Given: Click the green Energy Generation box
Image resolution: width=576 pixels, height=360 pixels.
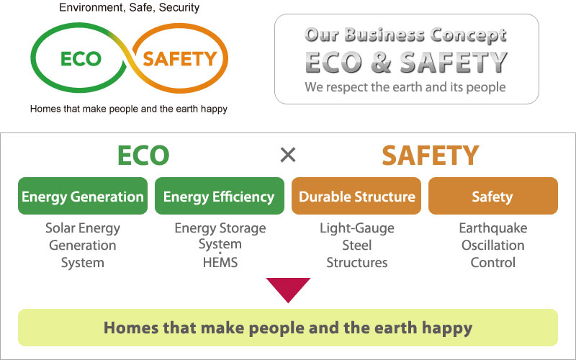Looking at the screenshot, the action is (83, 196).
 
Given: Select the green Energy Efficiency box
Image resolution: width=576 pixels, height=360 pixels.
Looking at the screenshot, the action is (220, 196).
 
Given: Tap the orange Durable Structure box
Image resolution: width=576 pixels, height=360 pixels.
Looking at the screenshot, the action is (356, 196).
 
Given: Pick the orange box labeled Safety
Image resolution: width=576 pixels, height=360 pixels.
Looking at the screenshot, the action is (493, 196).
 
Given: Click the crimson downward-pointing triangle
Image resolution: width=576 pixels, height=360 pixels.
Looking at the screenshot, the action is (289, 289).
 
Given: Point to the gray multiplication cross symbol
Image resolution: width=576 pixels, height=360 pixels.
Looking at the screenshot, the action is (288, 155).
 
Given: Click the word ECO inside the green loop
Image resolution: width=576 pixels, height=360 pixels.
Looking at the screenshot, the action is (81, 59).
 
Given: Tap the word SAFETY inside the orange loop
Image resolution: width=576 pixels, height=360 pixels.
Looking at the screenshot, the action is (179, 59).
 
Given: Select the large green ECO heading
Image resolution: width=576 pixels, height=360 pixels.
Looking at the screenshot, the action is (143, 156).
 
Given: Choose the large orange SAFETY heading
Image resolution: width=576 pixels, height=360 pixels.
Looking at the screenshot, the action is (431, 156).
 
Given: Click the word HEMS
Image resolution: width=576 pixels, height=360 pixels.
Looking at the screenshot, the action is (220, 263).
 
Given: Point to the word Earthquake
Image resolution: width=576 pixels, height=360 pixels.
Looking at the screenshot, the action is (493, 228).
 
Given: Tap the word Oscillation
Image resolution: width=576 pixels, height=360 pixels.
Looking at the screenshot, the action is (493, 246).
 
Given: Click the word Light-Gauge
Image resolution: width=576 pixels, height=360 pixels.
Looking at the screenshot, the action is (357, 228).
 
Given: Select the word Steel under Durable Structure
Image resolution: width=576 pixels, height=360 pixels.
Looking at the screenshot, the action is (357, 246).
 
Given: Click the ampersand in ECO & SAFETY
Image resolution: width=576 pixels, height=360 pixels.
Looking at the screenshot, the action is (382, 62).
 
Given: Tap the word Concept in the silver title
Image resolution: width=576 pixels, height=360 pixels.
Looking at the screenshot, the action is (469, 35).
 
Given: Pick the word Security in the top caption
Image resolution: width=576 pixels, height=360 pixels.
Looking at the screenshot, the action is (179, 7).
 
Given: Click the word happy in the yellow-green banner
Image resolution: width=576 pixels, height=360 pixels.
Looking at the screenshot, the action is (447, 328).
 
